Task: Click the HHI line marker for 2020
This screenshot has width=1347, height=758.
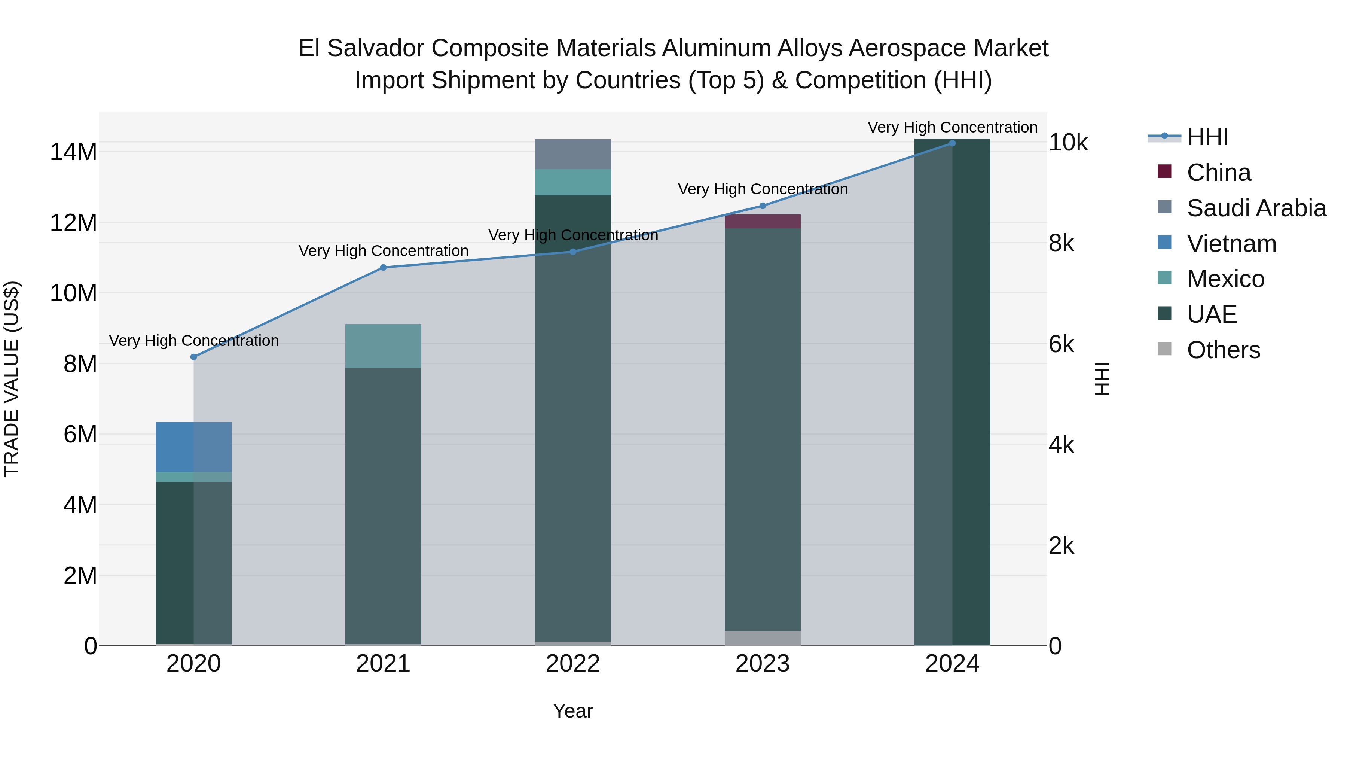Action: pyautogui.click(x=193, y=357)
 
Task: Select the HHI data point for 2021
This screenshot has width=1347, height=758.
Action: pyautogui.click(x=383, y=267)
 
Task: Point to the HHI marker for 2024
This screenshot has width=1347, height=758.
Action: pyautogui.click(x=952, y=143)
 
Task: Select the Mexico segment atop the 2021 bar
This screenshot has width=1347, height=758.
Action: pyautogui.click(x=383, y=346)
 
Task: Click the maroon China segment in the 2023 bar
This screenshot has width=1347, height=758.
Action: pyautogui.click(x=763, y=221)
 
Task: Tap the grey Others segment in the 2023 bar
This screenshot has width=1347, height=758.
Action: pyautogui.click(x=763, y=638)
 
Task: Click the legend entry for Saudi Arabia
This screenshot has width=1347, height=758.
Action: pyautogui.click(x=1256, y=208)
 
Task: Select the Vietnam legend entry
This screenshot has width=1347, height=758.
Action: pyautogui.click(x=1231, y=244)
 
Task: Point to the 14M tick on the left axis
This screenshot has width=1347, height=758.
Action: pyautogui.click(x=73, y=152)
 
